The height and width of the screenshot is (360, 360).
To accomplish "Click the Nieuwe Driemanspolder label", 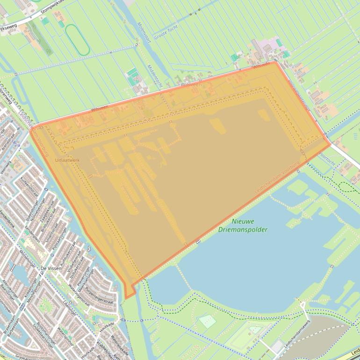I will click(243, 225).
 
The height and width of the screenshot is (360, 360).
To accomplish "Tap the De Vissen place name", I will click(50, 268).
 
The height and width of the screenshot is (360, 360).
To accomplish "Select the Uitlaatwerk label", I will click(67, 160).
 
